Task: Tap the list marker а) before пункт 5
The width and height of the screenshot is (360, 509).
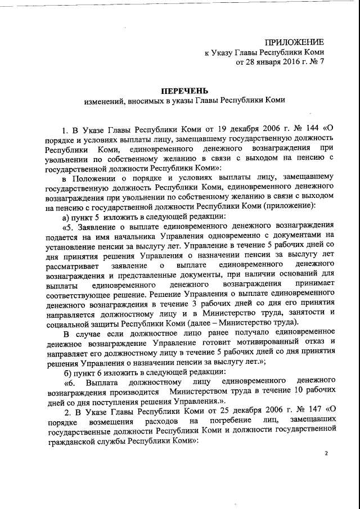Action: coord(67,216)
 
